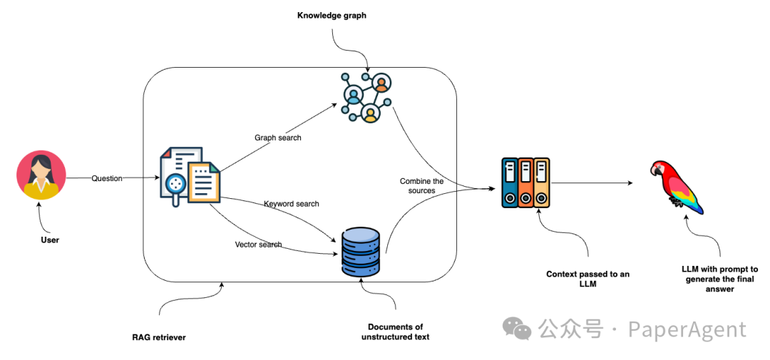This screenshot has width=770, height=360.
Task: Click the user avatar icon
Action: coord(41,175)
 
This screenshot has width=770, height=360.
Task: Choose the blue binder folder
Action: coord(509,183)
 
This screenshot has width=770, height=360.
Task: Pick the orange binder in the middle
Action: coord(525,183)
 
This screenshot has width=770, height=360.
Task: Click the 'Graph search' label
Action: coord(277,138)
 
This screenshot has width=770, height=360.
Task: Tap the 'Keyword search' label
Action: coord(291,204)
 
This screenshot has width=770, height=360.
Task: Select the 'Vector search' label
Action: coord(258,245)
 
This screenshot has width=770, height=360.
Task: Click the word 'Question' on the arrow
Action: coord(107,178)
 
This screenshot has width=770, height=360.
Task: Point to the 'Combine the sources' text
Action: coord(421,186)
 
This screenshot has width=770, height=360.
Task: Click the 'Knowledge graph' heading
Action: coord(332,16)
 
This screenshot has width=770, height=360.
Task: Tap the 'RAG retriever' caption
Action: coord(158,337)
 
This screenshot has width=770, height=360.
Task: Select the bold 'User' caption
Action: coord(50,240)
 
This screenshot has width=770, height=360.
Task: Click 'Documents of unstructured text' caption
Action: coord(395,332)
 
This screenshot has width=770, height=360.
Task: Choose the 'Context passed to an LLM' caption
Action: coord(587,279)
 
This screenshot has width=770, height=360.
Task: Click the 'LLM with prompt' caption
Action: coord(719,279)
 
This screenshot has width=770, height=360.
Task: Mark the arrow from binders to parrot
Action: coord(592,183)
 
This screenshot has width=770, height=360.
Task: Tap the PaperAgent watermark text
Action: coord(687,330)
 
